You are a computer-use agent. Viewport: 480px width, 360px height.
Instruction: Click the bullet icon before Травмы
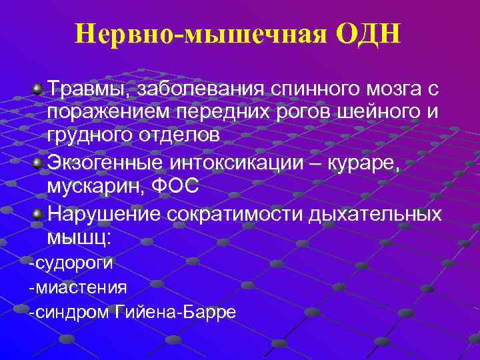39,88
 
